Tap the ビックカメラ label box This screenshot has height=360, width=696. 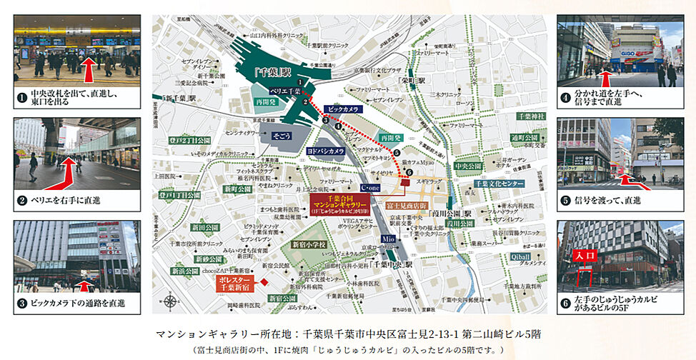342,110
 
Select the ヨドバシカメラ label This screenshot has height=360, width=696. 326,151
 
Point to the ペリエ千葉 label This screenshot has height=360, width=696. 284,92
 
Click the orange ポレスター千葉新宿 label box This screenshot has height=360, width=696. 237,284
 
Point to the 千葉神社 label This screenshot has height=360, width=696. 530,116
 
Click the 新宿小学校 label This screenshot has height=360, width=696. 307,244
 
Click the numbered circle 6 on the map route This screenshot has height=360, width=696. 409,172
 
